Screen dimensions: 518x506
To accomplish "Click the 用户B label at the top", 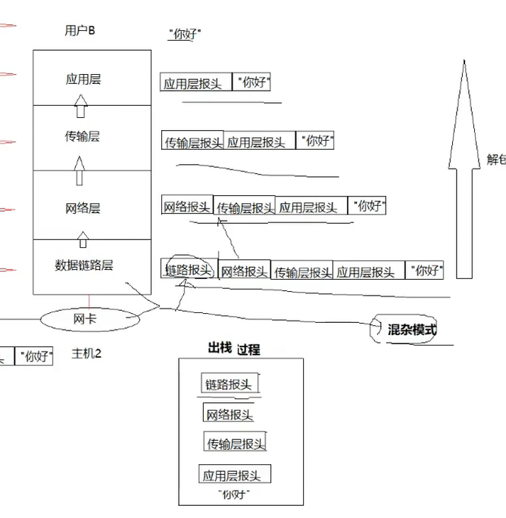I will (80, 30).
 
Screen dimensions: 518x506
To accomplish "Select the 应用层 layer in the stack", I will (83, 79).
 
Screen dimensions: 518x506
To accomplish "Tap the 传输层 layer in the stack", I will (83, 137).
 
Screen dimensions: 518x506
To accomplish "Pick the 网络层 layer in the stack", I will (83, 208).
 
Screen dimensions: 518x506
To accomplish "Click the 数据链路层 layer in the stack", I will (84, 265).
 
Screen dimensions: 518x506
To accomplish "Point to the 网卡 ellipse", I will (85, 319).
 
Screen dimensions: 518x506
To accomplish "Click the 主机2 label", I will (86, 353).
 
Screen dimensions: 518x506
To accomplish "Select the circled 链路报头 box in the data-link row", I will (188, 270).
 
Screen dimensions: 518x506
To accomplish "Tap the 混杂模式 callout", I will (411, 329).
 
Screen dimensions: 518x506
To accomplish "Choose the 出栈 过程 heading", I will (234, 349).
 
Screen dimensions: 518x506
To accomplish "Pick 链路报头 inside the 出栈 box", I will (230, 384).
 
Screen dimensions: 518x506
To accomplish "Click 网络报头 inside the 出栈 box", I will (230, 414).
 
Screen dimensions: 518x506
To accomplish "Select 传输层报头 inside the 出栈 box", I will (236, 443).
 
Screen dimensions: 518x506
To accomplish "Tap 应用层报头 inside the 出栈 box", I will (233, 476).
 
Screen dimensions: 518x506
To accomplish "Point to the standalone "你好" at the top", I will (185, 34).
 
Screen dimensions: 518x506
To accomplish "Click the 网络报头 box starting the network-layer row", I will (187, 206).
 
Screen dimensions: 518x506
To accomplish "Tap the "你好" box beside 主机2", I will (36, 356).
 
